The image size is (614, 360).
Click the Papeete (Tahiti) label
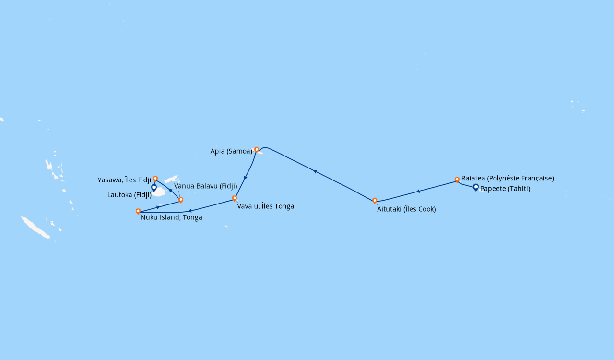coord(505,189)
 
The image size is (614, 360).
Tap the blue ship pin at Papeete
coord(476,187)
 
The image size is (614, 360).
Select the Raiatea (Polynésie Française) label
coord(508,178)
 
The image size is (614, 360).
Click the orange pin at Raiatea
coord(457,180)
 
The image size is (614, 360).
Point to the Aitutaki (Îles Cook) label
coord(406,209)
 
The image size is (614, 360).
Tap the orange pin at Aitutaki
coord(375,200)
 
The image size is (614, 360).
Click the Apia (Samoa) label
coord(231,151)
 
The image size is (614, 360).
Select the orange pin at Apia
coord(257,149)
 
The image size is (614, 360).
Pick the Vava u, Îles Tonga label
coord(265,206)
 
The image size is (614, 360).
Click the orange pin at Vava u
coord(235,198)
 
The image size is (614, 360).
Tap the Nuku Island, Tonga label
coord(171,217)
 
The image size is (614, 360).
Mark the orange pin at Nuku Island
coord(138,211)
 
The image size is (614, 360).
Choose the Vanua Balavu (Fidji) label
coord(205,186)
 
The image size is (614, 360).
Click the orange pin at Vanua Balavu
coord(181,199)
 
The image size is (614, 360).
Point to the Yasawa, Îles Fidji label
coord(124,180)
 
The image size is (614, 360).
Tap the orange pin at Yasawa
coord(155,179)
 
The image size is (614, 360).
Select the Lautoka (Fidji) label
coord(130,195)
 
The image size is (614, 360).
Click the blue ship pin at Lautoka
coord(154,187)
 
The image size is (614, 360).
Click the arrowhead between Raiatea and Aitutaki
coord(418,192)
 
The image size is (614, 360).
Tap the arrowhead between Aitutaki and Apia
coord(315,171)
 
